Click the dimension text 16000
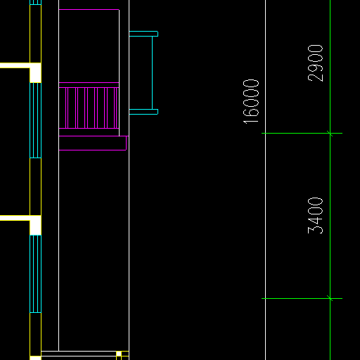(x=251, y=101)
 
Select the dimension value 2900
(x=315, y=63)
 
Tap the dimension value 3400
(x=315, y=216)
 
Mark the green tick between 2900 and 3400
(x=330, y=134)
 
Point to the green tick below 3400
(x=330, y=298)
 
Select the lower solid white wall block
(x=36, y=226)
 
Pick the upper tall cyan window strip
(x=36, y=120)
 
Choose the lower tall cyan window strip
(x=36, y=274)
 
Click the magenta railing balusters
(x=89, y=108)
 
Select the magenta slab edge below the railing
(x=93, y=143)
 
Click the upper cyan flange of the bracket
(x=143, y=34)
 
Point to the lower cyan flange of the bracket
(x=143, y=112)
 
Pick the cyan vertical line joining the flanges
(x=153, y=72)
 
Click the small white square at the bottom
(x=119, y=354)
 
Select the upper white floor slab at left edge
(x=15, y=65)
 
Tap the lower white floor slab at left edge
(x=15, y=218)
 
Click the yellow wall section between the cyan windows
(x=36, y=187)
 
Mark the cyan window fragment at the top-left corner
(x=36, y=2)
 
